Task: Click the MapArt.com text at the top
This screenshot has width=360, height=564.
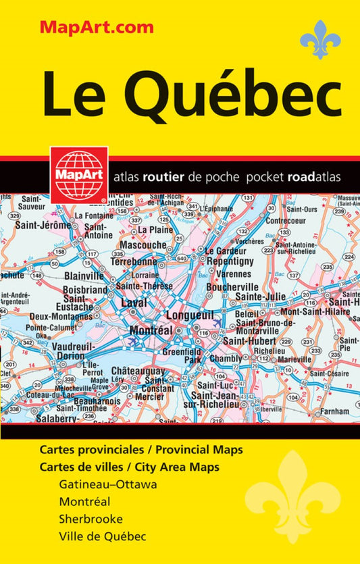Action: coord(97,28)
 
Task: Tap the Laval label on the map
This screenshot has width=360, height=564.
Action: coord(134,303)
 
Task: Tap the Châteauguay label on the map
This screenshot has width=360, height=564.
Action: coord(138,371)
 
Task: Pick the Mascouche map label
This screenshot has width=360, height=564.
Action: coord(143,245)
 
